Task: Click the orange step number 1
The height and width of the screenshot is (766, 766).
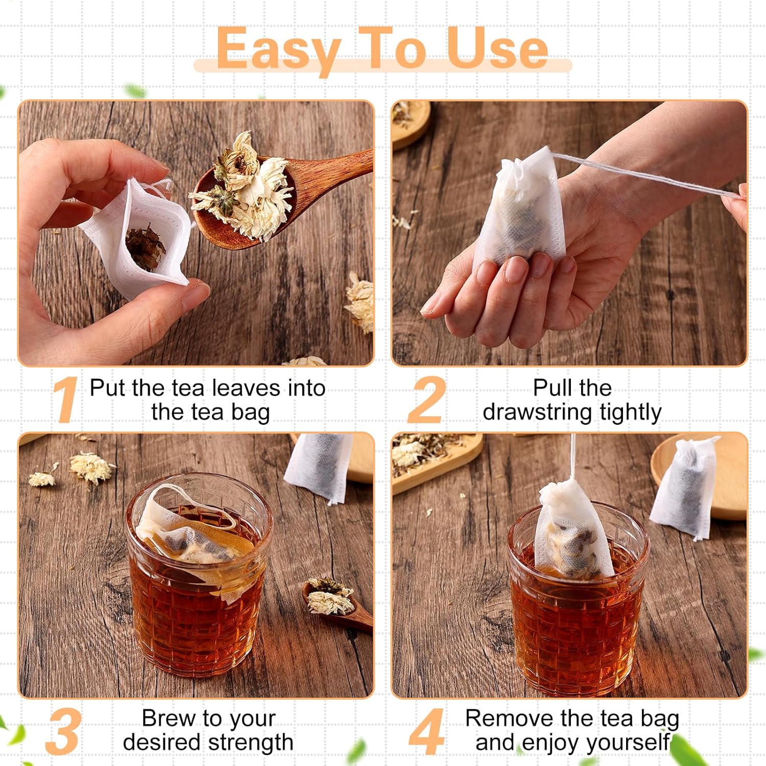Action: [65, 400]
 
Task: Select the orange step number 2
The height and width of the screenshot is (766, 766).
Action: [426, 400]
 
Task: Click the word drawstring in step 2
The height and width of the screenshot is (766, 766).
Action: [538, 412]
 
